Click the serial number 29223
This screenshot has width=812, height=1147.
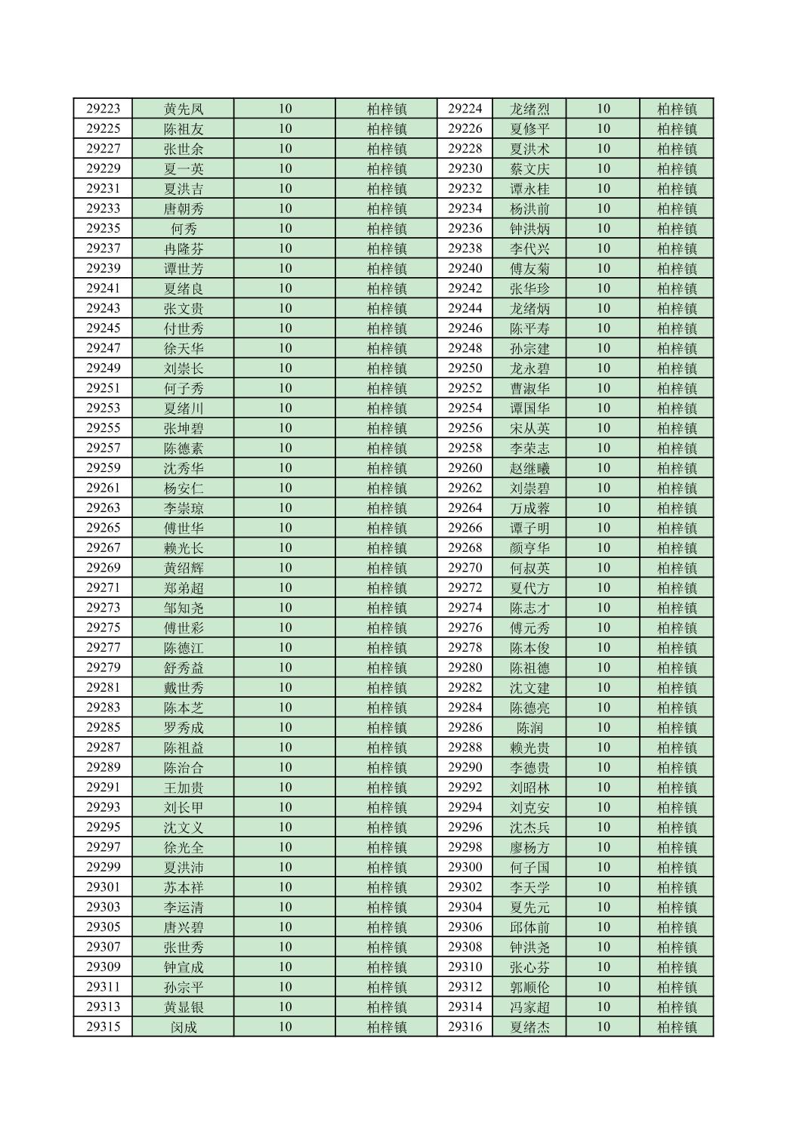pyautogui.click(x=103, y=109)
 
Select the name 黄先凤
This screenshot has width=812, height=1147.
pyautogui.click(x=184, y=109)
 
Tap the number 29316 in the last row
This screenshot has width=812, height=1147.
pyautogui.click(x=465, y=1027)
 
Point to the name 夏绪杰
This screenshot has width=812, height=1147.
pyautogui.click(x=529, y=1027)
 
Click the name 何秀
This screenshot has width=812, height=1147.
pyautogui.click(x=184, y=229)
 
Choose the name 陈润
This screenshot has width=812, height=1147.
pyautogui.click(x=529, y=728)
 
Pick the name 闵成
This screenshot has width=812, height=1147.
pyautogui.click(x=184, y=1027)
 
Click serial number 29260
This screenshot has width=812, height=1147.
pyautogui.click(x=465, y=468)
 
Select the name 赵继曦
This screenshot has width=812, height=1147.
pyautogui.click(x=529, y=468)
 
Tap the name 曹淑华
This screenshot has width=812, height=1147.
pyautogui.click(x=529, y=388)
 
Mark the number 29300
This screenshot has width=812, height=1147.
pyautogui.click(x=465, y=868)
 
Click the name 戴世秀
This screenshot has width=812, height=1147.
pyautogui.click(x=184, y=688)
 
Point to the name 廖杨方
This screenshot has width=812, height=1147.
pyautogui.click(x=529, y=847)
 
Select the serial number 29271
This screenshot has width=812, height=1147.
pyautogui.click(x=103, y=588)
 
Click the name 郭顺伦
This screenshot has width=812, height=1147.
pyautogui.click(x=529, y=987)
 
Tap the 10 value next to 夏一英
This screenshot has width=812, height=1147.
pyautogui.click(x=285, y=168)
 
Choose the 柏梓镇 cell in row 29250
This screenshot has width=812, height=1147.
pyautogui.click(x=677, y=368)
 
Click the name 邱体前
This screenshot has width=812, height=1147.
pyautogui.click(x=529, y=927)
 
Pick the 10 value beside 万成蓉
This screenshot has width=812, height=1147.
pyautogui.click(x=603, y=508)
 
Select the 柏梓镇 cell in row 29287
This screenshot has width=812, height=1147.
pyautogui.click(x=387, y=748)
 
